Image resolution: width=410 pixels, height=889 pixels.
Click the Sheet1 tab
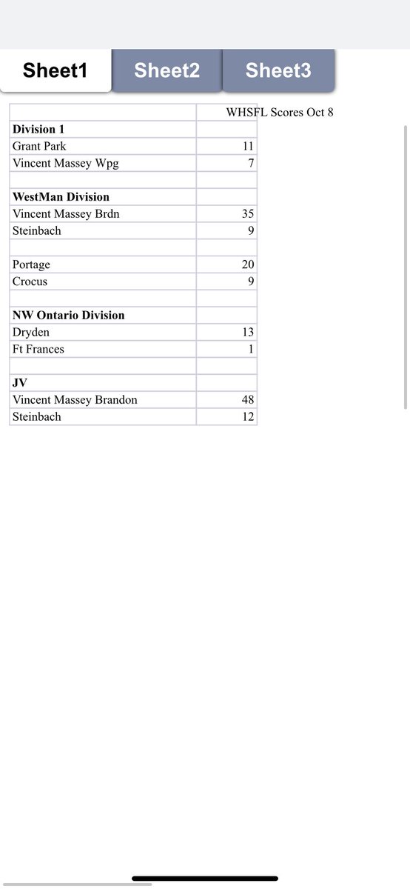[x=56, y=71]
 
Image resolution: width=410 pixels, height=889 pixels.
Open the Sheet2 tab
[x=167, y=71]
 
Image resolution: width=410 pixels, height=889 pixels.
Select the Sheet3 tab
[x=278, y=71]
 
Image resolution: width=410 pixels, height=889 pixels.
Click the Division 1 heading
[x=38, y=130]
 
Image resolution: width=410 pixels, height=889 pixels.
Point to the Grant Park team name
[x=39, y=147]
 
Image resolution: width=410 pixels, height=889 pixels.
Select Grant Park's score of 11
[x=248, y=147]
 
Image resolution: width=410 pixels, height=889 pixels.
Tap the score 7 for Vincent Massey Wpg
[x=251, y=163]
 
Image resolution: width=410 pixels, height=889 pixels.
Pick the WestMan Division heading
[x=61, y=197]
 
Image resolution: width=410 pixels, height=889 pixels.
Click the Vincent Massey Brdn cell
[x=66, y=214]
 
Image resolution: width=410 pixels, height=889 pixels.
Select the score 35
[x=248, y=214]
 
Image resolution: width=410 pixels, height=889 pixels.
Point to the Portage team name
[x=31, y=264]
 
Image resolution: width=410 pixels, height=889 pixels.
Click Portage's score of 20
[x=248, y=264]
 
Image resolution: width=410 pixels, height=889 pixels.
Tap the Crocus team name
[x=30, y=282]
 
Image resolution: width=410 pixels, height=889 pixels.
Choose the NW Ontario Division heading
[x=68, y=316]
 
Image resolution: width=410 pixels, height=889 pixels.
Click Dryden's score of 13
[x=248, y=333]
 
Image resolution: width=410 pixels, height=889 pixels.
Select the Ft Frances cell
[x=38, y=349]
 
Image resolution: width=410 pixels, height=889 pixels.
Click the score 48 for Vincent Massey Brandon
[x=248, y=400]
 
